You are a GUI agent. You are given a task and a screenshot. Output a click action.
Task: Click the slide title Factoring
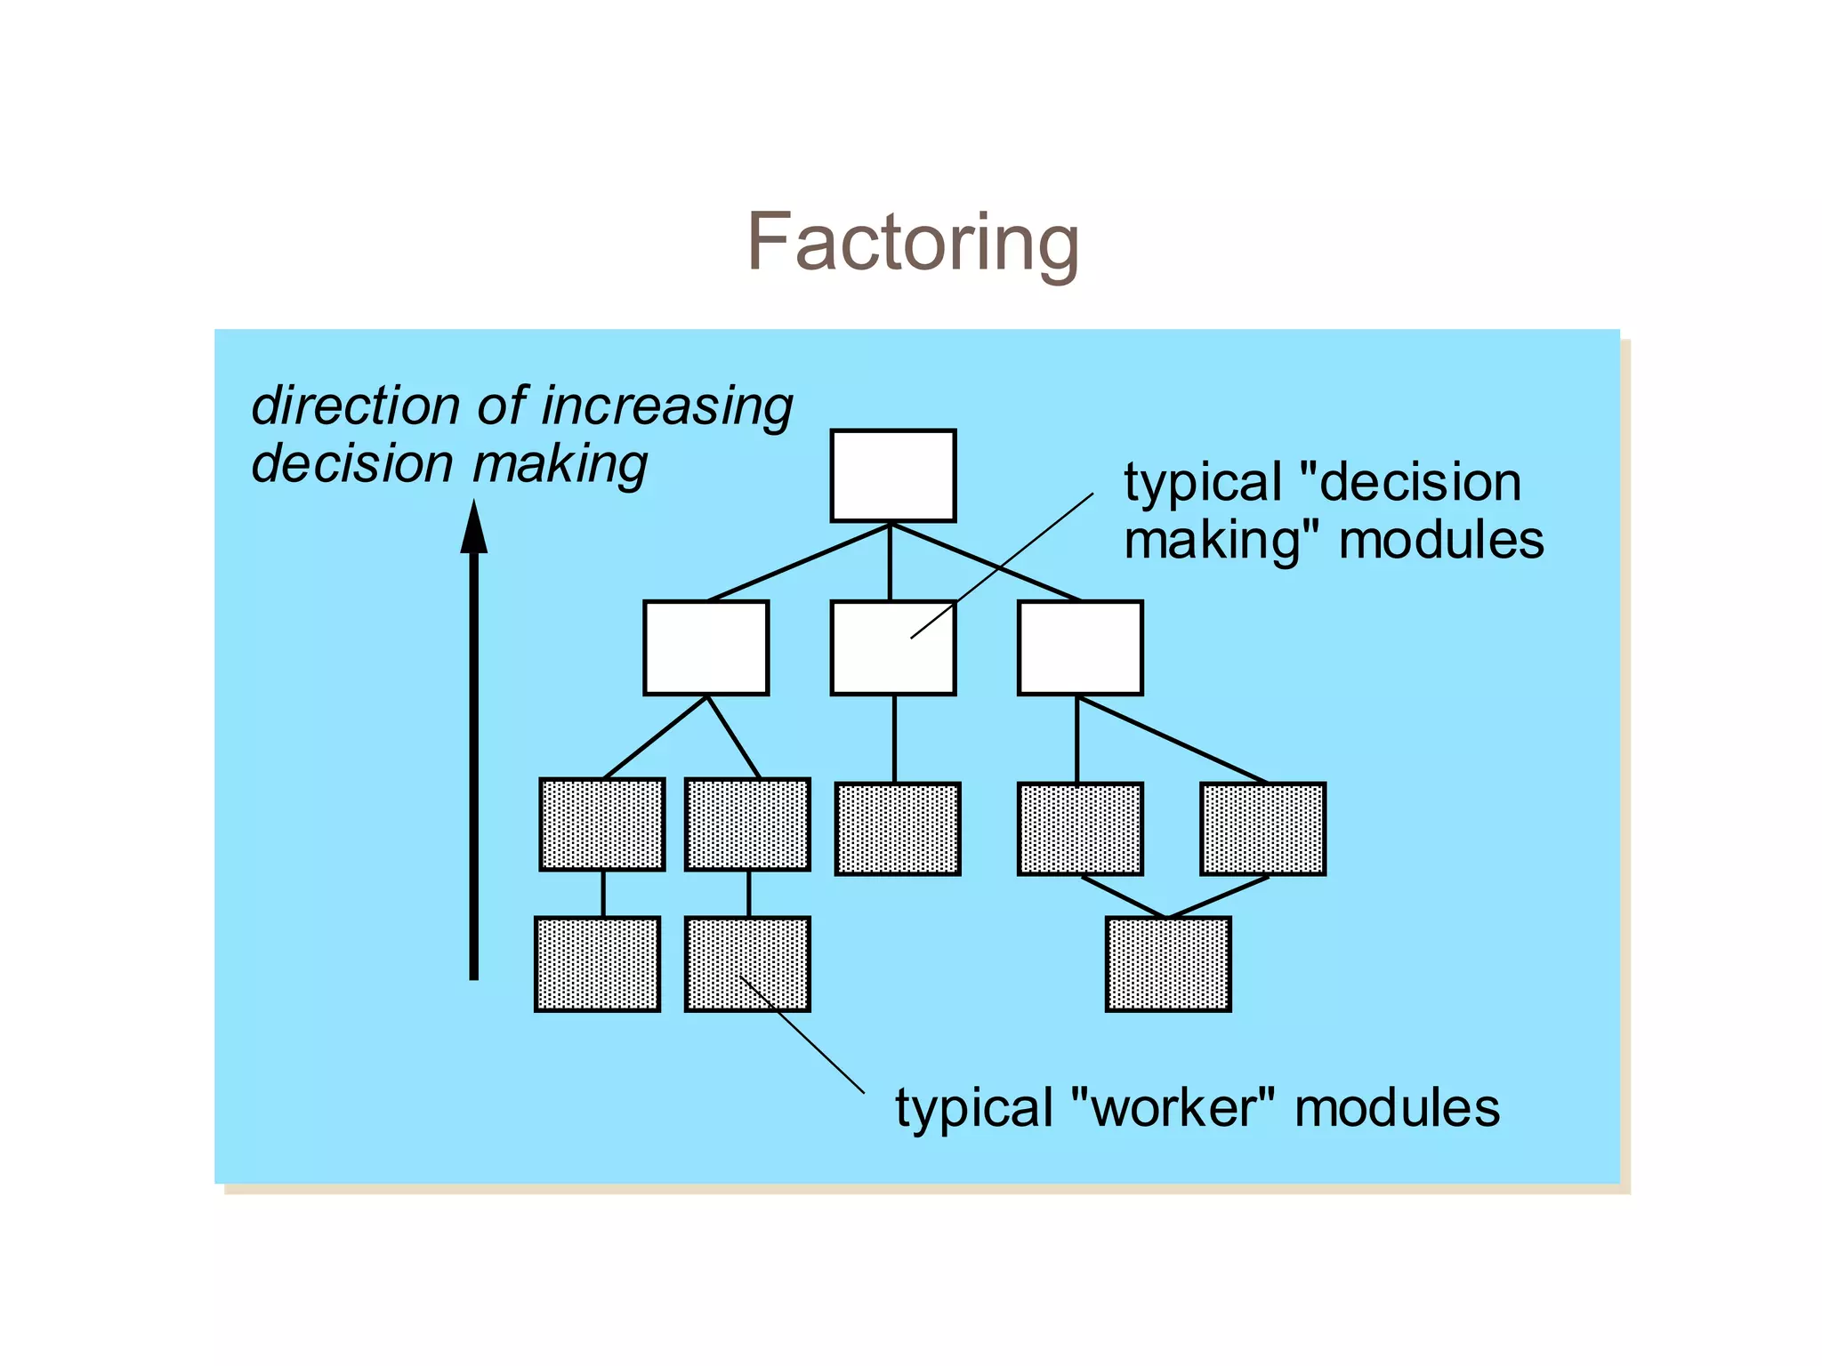pyautogui.click(x=913, y=242)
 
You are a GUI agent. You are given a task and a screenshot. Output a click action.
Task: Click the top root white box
pyautogui.click(x=893, y=476)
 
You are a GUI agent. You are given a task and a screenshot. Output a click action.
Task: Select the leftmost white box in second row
pyautogui.click(x=705, y=647)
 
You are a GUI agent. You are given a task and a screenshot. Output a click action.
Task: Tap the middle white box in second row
pyautogui.click(x=893, y=647)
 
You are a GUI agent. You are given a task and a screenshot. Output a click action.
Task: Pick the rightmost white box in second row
pyautogui.click(x=1080, y=647)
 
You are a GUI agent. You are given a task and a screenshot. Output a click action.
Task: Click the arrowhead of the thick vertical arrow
pyautogui.click(x=473, y=528)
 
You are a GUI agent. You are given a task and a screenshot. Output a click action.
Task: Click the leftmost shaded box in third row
pyautogui.click(x=602, y=824)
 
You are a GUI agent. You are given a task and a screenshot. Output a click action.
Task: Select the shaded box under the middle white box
pyautogui.click(x=898, y=829)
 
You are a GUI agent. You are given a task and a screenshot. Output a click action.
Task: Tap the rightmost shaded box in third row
pyautogui.click(x=1262, y=829)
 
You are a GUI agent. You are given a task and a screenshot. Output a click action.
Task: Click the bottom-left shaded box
pyautogui.click(x=597, y=964)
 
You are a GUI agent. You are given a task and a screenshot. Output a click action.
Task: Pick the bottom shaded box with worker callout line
pyautogui.click(x=747, y=964)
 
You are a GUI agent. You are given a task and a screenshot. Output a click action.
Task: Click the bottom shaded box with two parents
pyautogui.click(x=1168, y=964)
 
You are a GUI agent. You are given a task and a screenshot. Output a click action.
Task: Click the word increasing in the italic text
pyautogui.click(x=666, y=407)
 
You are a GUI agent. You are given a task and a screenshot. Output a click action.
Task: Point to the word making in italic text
pyautogui.click(x=560, y=465)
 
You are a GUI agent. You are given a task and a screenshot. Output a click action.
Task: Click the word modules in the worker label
pyautogui.click(x=1397, y=1108)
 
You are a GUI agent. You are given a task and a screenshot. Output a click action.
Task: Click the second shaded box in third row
pyautogui.click(x=747, y=824)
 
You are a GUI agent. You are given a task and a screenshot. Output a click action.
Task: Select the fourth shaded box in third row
pyautogui.click(x=1080, y=829)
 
